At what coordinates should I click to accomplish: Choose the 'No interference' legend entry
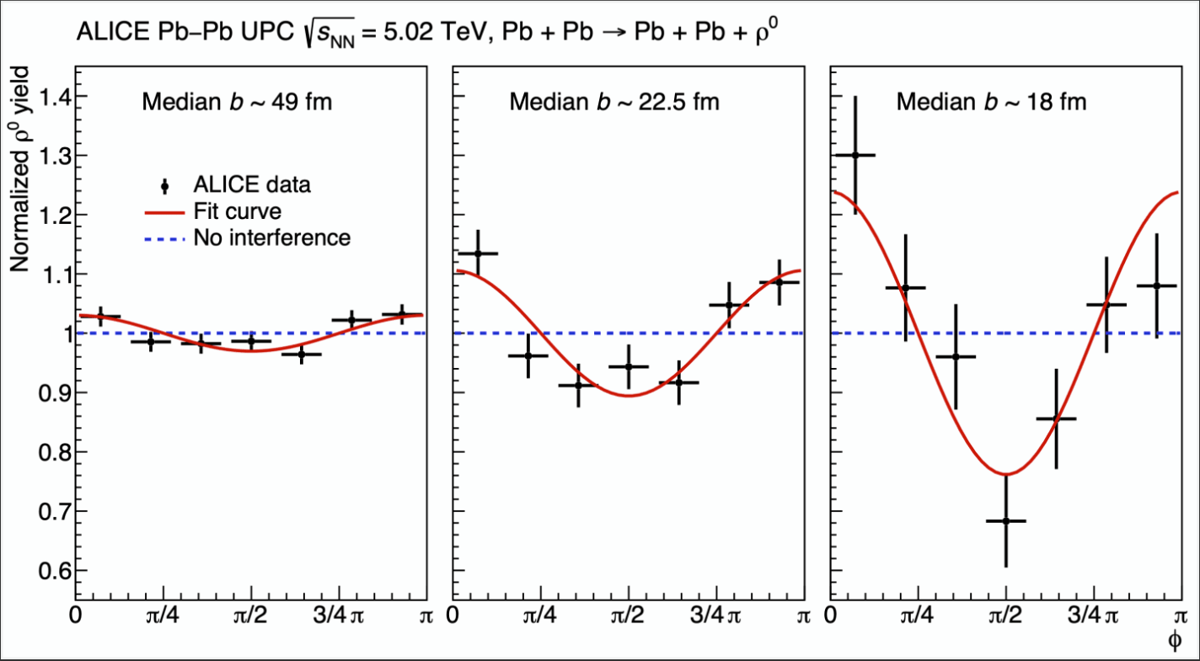(x=271, y=237)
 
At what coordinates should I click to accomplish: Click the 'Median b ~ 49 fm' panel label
(x=237, y=103)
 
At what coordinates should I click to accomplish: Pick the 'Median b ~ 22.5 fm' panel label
(x=614, y=103)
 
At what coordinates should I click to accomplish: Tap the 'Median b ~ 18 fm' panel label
(x=991, y=103)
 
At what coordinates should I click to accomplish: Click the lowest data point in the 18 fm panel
(x=1006, y=521)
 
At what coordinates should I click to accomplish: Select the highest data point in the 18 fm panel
(x=855, y=155)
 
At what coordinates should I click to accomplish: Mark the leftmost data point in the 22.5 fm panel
(x=478, y=253)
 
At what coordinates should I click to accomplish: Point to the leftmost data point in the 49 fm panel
(x=101, y=317)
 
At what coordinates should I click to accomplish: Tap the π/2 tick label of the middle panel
(x=628, y=616)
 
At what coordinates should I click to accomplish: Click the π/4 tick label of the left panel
(x=163, y=616)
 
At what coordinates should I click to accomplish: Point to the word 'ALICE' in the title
(x=105, y=32)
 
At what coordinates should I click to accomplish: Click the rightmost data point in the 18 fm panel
(x=1157, y=285)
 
